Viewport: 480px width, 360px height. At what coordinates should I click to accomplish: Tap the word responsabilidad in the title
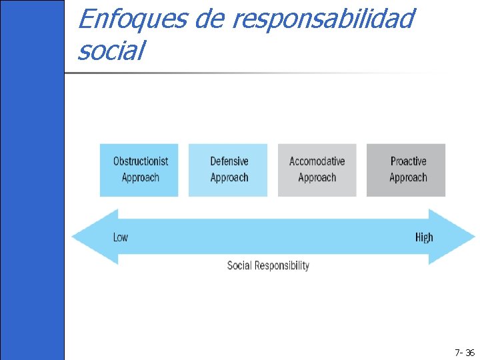pos(323,20)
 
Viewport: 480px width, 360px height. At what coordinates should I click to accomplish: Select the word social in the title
pos(111,51)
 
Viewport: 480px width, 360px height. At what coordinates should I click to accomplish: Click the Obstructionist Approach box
pos(139,170)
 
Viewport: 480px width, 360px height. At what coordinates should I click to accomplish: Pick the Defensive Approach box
pos(228,170)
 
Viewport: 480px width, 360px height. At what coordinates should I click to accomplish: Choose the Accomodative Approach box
pos(317,170)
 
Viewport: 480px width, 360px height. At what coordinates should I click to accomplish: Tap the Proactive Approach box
pos(406,170)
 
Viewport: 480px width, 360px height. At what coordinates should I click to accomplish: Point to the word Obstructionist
pos(141,161)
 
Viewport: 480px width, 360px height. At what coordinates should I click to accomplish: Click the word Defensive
pos(229,161)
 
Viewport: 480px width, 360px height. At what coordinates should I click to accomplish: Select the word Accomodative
pos(317,161)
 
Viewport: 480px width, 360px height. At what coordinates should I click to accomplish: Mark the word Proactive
pos(408,161)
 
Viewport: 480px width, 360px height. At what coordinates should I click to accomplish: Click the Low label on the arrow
pos(121,237)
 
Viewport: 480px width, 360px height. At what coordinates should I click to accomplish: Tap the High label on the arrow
pos(424,237)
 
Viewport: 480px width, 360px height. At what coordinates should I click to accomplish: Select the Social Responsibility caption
pos(268,265)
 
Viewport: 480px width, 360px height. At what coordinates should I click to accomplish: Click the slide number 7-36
pos(464,353)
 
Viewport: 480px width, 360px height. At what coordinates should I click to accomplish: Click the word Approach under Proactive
pos(408,178)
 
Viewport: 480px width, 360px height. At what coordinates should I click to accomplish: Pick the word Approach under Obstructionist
pos(141,178)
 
